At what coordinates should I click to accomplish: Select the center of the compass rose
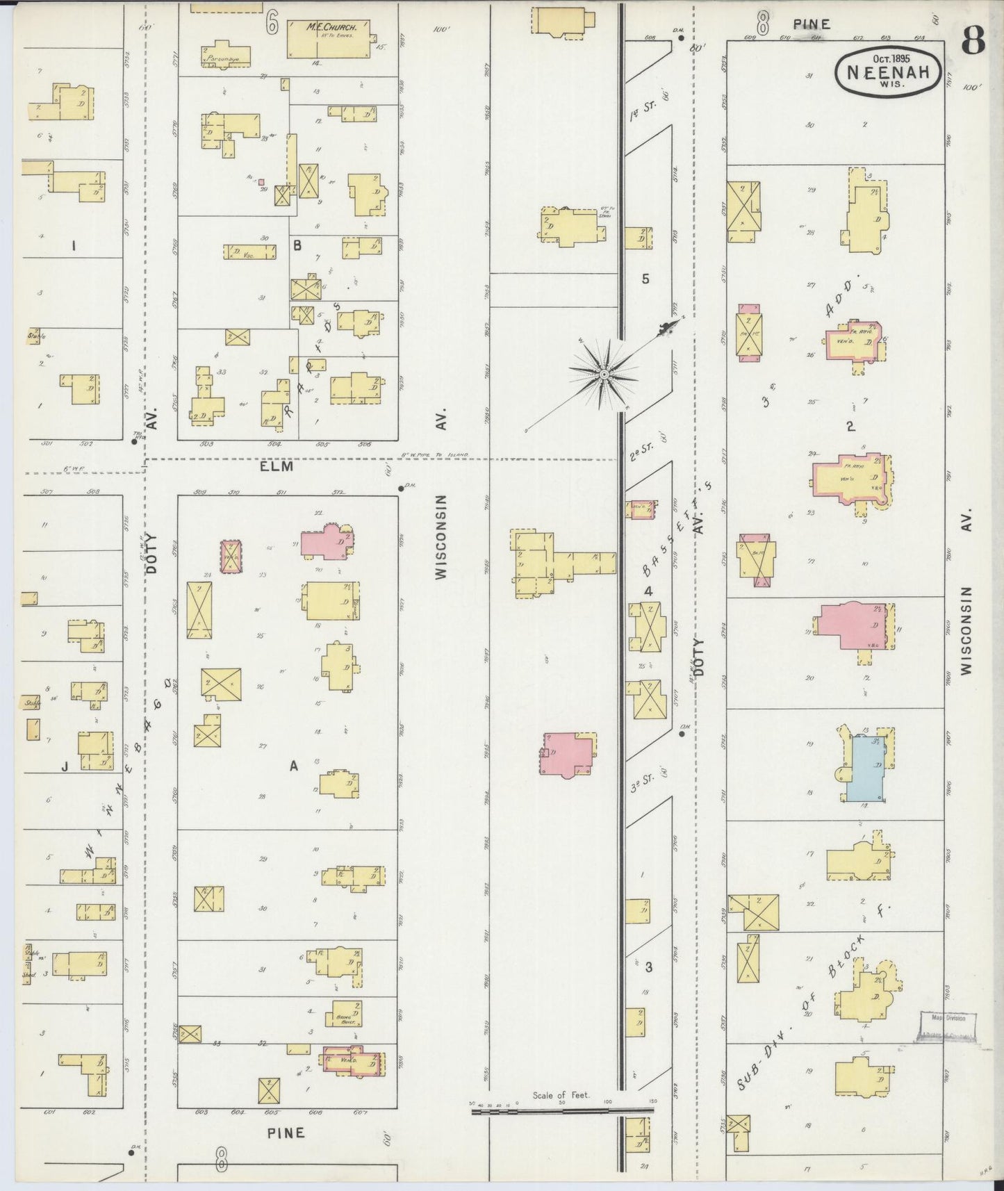pos(604,375)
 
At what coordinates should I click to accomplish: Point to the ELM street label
pos(276,467)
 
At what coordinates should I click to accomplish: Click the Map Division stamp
pos(948,1019)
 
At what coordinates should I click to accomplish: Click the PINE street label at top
pos(812,24)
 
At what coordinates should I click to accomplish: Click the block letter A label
pos(294,766)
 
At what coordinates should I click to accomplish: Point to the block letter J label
pos(64,767)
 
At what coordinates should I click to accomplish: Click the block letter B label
pos(297,245)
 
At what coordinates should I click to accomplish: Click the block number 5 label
pos(645,279)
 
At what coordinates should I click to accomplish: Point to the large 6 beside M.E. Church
pos(272,22)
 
